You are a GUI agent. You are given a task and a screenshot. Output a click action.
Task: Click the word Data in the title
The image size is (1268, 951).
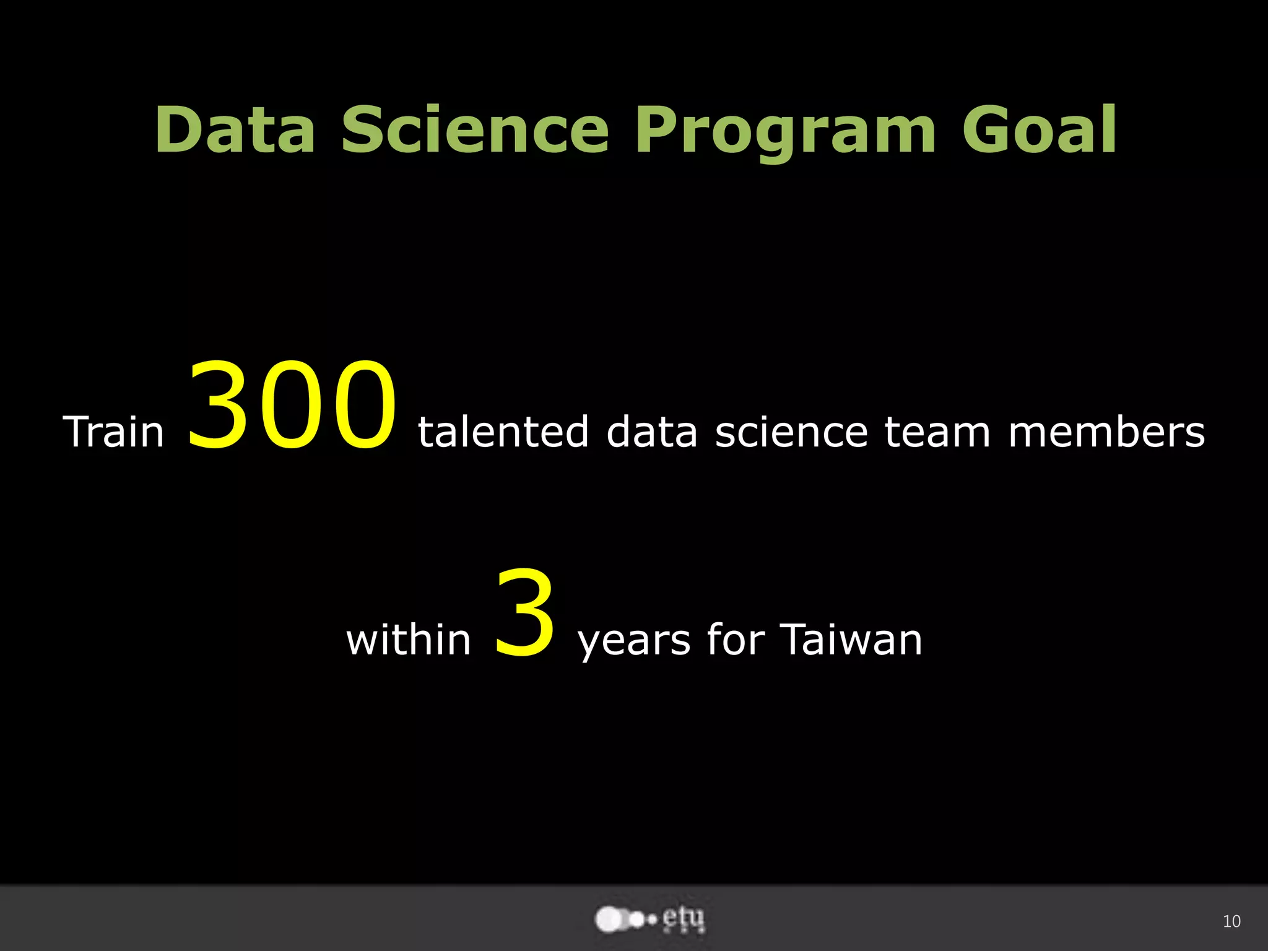(x=235, y=129)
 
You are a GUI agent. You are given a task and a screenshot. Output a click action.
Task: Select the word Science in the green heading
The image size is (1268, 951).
(x=475, y=129)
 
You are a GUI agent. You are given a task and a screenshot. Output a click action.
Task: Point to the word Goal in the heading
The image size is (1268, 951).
(x=1040, y=129)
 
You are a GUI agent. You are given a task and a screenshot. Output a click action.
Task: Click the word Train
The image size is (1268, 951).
(x=114, y=432)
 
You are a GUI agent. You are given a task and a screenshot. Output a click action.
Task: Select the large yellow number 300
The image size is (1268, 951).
(x=291, y=406)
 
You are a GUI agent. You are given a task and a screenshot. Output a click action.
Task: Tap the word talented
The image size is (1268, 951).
(x=503, y=432)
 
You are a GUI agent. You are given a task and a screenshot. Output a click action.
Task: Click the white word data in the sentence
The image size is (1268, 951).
(x=652, y=432)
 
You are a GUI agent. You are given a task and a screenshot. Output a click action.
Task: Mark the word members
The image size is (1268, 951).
(x=1106, y=432)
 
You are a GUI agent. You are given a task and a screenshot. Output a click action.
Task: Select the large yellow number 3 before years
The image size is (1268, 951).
(x=525, y=613)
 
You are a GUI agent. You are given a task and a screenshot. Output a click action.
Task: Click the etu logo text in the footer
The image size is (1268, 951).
(x=684, y=919)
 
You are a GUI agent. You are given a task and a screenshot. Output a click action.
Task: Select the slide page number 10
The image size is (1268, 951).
(x=1231, y=921)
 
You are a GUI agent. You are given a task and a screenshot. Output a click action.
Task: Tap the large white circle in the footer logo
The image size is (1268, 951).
(x=608, y=919)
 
